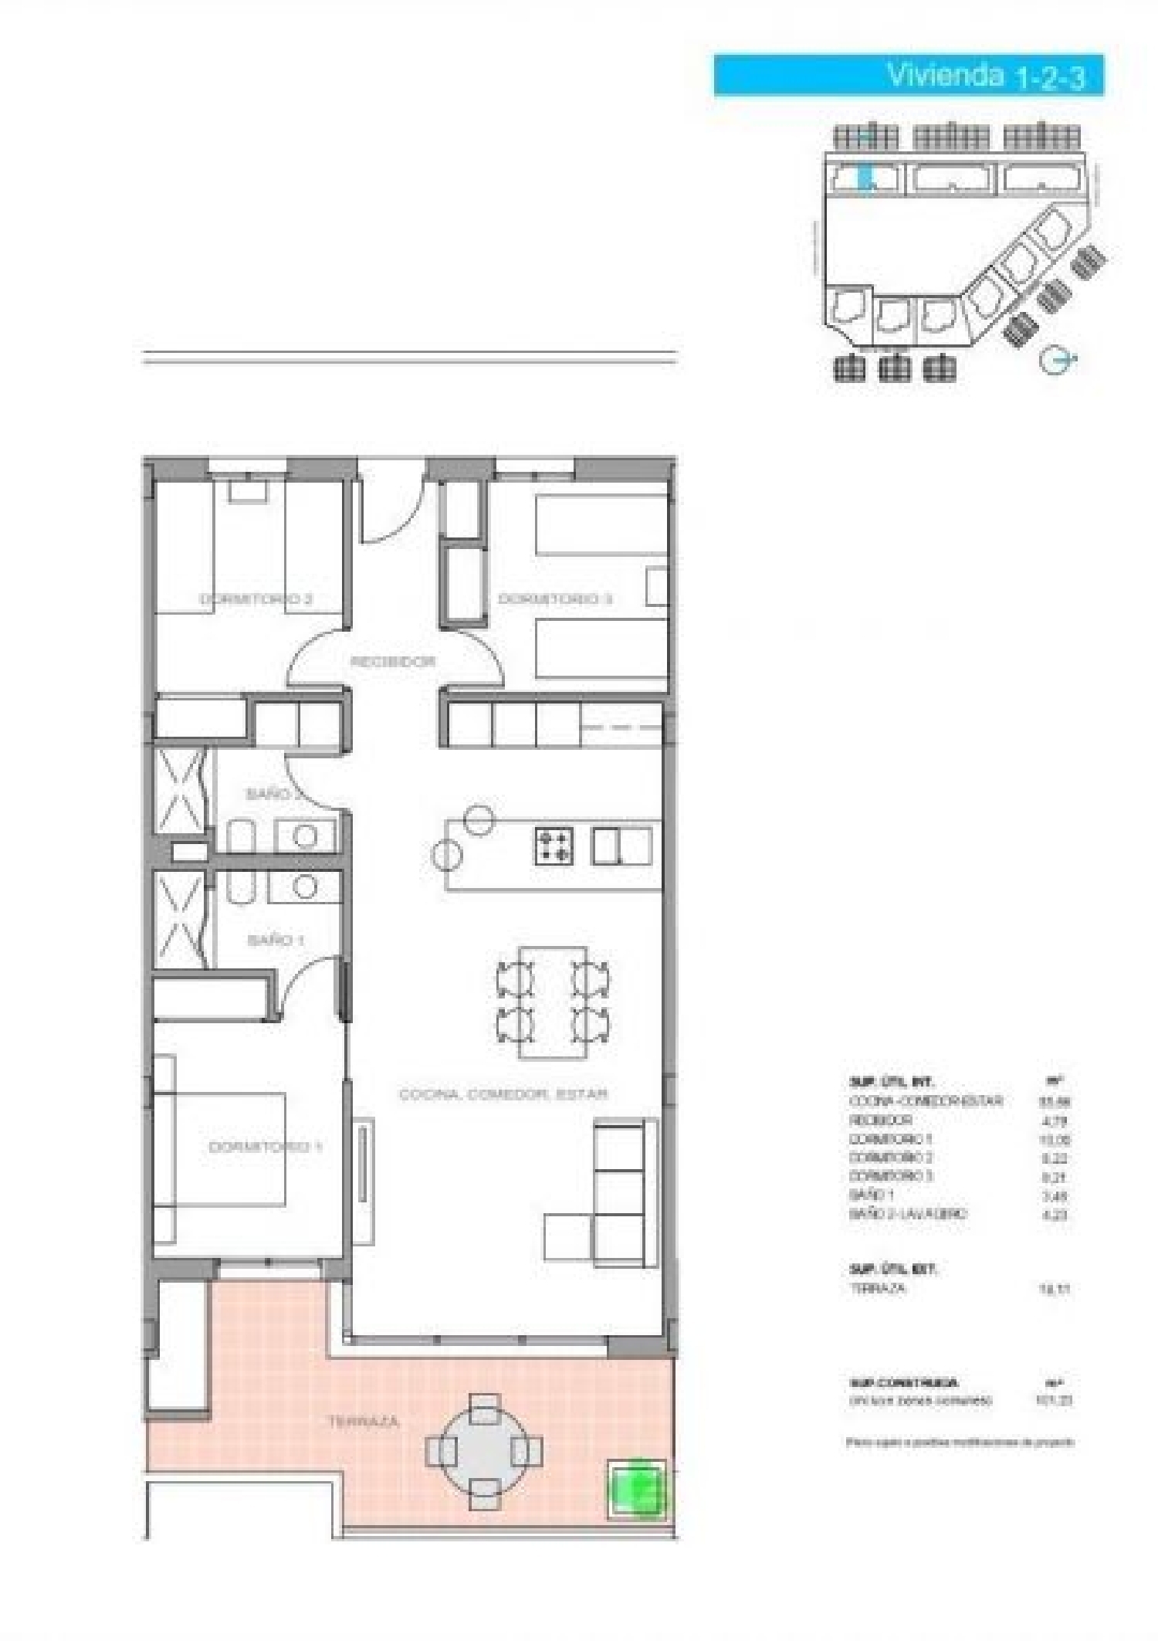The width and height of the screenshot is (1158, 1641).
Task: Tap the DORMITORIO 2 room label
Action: pos(256,599)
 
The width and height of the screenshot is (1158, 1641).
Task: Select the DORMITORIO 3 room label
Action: pos(555,599)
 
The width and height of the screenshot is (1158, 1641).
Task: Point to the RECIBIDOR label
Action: pos(393,662)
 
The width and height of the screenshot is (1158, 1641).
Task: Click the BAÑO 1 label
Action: pos(276,941)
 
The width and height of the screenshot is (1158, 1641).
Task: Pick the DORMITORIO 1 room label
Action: pos(265,1148)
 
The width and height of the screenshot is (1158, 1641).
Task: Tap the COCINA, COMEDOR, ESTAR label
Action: pos(503,1094)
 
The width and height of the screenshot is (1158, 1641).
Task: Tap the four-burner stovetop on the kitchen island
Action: pos(554,846)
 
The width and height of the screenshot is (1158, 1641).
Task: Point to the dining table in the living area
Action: pos(553,1003)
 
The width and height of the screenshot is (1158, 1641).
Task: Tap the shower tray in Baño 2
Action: pos(180,792)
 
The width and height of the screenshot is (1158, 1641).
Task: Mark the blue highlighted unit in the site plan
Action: pos(866,179)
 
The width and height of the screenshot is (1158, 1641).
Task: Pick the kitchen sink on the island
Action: pos(621,846)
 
